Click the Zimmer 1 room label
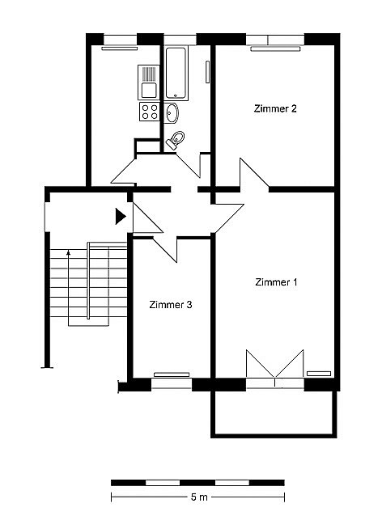pos(276,282)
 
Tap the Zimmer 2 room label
pos(275,108)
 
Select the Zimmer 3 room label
pos(171,304)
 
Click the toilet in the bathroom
pos(176,140)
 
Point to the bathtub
pos(176,73)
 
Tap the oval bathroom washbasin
pos(172,113)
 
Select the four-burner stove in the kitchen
pos(150,112)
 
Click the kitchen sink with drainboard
pos(149,82)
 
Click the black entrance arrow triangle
pos(121,217)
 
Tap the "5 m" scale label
pos(199,497)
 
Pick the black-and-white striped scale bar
pos(197,483)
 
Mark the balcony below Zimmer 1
pos(274,413)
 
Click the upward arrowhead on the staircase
pos(68,252)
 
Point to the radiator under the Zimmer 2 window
pos(275,49)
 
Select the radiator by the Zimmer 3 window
pos(172,374)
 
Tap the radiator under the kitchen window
pos(119,49)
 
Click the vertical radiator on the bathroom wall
pos(207,72)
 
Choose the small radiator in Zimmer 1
pos(319,374)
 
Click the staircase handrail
pos(88,281)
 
